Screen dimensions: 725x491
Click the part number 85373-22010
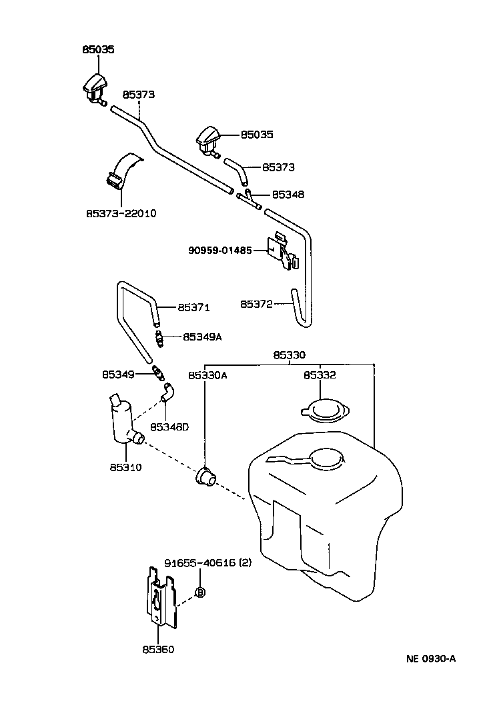[x=121, y=213]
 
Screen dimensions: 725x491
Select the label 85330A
[x=207, y=375]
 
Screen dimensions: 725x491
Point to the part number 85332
[x=320, y=375]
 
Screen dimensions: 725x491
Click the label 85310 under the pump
[x=125, y=467]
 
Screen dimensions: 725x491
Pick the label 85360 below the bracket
[x=157, y=649]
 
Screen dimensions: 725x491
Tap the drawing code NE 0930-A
[x=430, y=659]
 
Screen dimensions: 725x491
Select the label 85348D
[x=169, y=426]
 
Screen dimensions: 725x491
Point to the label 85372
[x=257, y=304]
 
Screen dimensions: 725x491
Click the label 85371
[x=193, y=308]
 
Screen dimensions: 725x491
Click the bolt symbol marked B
[x=199, y=592]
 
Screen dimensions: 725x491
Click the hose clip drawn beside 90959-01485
[x=283, y=252]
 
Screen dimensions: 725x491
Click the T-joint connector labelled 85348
[x=250, y=199]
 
